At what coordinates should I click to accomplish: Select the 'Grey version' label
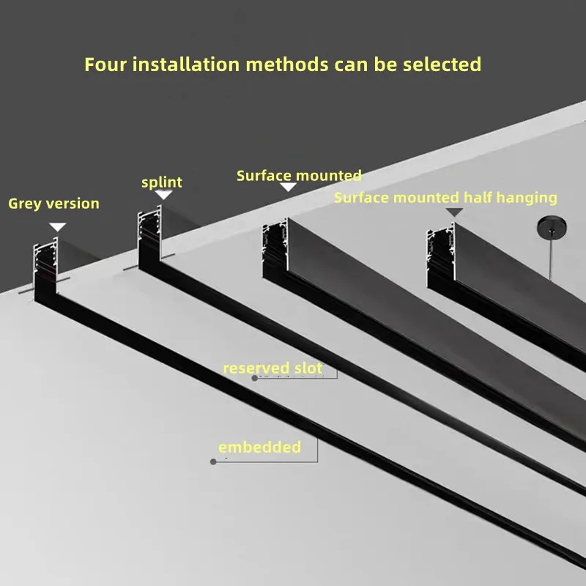click(53, 204)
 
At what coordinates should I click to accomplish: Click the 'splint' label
click(162, 182)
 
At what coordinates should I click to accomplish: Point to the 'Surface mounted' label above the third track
click(299, 176)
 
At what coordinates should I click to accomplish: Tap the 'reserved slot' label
click(272, 368)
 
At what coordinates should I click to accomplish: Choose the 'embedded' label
click(260, 447)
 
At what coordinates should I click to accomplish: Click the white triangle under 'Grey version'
click(58, 227)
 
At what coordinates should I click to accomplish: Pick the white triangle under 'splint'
click(163, 194)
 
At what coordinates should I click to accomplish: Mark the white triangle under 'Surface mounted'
click(289, 188)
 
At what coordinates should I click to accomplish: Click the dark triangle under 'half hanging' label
click(455, 212)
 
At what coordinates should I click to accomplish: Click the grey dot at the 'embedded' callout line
click(213, 461)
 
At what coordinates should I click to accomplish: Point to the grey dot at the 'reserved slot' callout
click(255, 378)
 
